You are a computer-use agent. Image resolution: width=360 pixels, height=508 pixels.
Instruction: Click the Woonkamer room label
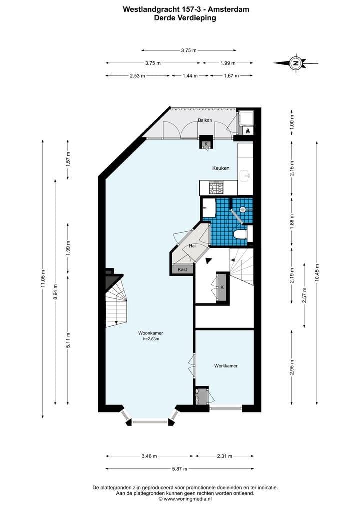point(151,333)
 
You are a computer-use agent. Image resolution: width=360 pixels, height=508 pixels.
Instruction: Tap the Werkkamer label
point(226,366)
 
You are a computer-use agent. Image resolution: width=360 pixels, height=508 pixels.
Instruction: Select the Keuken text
point(220,168)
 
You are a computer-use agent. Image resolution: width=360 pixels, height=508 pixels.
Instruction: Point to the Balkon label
point(205,120)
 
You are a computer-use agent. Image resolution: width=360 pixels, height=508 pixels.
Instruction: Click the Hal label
point(192,246)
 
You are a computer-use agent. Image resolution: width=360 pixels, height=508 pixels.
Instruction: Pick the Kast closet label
point(182,269)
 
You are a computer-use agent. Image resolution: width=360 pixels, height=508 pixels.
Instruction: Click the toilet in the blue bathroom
point(240,234)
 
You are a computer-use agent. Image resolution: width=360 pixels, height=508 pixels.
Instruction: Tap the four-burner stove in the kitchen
point(216,188)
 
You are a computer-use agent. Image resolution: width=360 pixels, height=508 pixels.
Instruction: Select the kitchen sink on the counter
point(245,175)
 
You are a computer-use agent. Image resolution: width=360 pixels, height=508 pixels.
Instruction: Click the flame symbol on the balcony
point(247,130)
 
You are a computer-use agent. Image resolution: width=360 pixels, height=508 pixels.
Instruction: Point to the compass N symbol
point(296,63)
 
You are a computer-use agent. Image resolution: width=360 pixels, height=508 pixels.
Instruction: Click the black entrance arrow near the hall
point(209,260)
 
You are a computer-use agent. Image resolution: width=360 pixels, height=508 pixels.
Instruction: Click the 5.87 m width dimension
point(179,469)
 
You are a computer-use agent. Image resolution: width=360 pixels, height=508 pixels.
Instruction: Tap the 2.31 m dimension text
point(224,456)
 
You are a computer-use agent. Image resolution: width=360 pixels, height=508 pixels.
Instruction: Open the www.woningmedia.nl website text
point(188,499)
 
